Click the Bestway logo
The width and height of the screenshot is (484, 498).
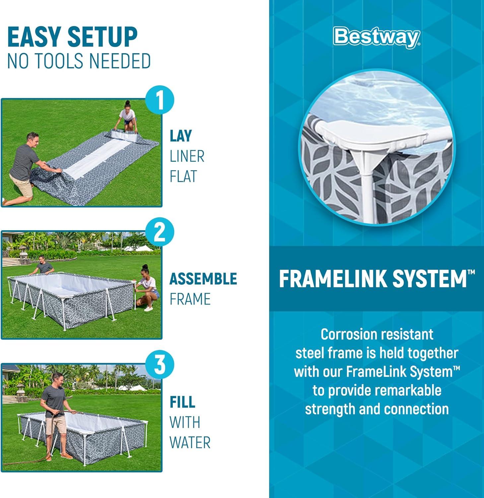click(377, 37)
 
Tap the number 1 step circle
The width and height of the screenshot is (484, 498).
click(160, 100)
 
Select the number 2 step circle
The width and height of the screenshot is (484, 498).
click(160, 233)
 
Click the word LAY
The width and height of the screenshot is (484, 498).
click(181, 136)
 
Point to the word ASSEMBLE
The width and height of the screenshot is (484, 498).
click(203, 279)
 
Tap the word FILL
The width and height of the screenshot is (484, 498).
click(182, 402)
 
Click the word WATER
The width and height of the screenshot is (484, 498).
click(190, 443)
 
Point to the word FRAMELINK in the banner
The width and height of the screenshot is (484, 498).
click(334, 279)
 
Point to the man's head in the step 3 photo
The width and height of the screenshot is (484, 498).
click(57, 379)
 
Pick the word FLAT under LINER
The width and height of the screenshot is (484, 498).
click(183, 176)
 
